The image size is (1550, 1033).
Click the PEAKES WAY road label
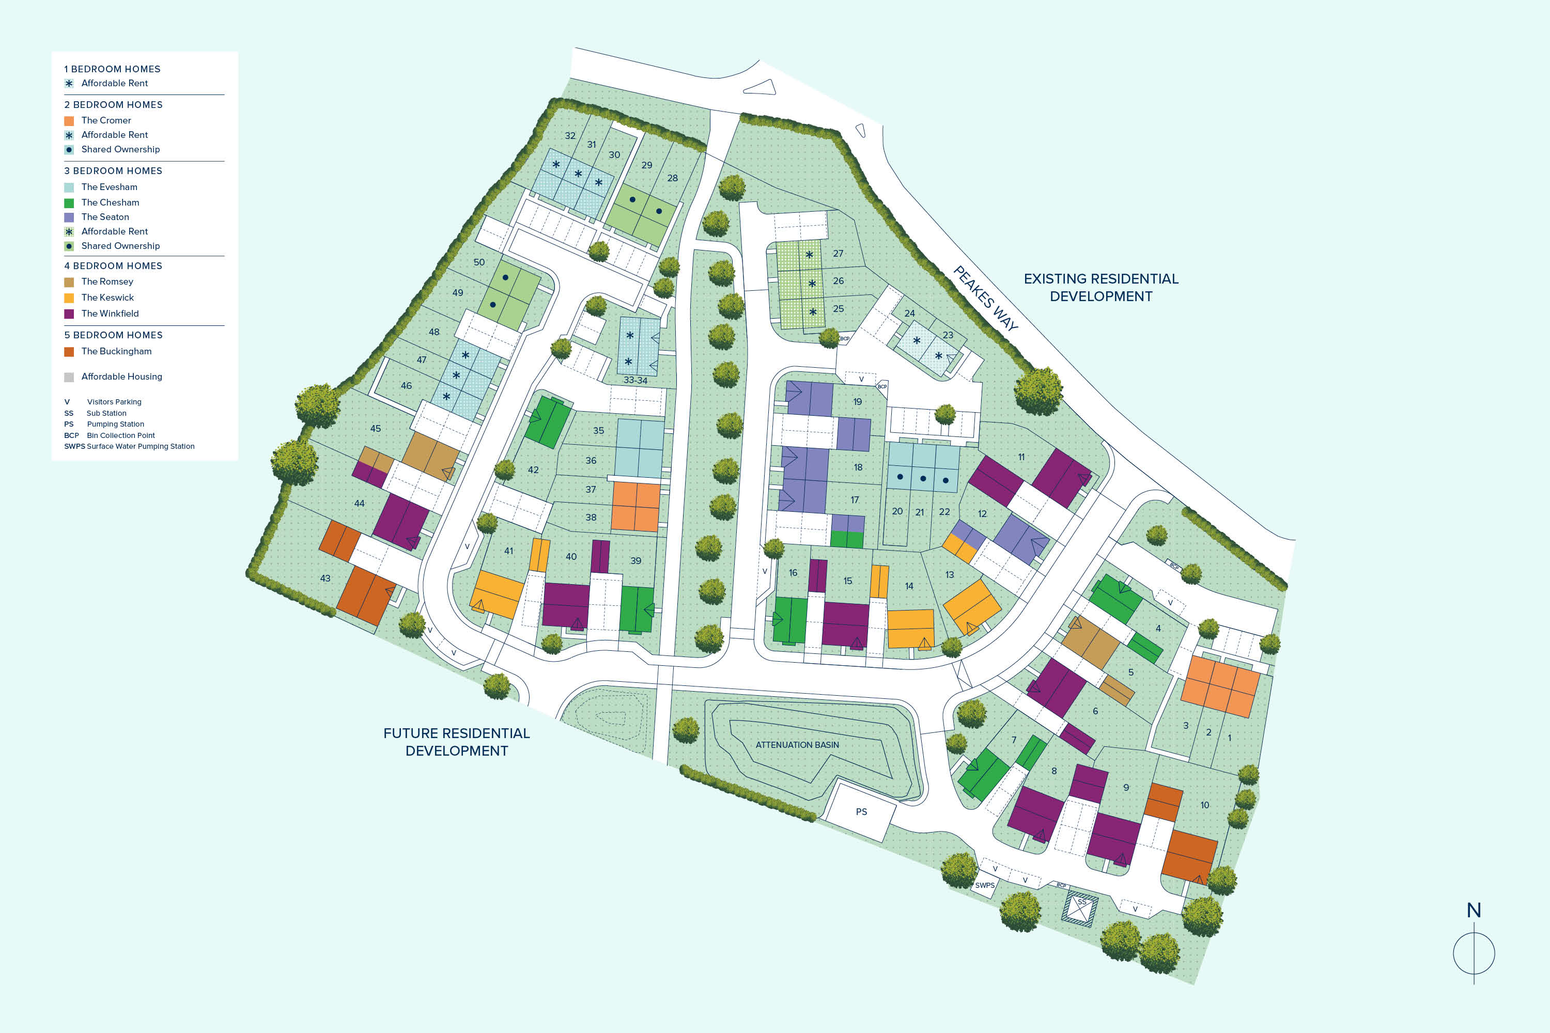tap(985, 298)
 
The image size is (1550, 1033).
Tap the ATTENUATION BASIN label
tap(797, 744)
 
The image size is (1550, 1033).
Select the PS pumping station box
tap(861, 811)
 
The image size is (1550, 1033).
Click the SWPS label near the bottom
tap(985, 885)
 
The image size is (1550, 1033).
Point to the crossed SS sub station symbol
tap(1079, 909)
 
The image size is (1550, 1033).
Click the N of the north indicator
tap(1474, 911)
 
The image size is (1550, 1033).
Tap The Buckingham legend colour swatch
tap(69, 352)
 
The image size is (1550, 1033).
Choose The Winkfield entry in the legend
tap(110, 314)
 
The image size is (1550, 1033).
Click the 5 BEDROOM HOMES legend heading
tap(113, 335)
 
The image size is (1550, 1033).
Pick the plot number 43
tap(325, 578)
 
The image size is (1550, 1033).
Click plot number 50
tap(479, 262)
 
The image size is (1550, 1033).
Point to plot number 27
tap(838, 254)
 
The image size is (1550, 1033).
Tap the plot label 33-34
tap(636, 380)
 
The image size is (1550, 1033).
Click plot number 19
tap(857, 402)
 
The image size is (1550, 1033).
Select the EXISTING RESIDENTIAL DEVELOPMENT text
tap(1100, 287)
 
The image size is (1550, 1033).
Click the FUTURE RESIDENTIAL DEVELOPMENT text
tap(456, 742)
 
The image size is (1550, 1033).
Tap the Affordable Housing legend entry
tap(121, 377)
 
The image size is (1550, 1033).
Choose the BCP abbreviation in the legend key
tap(71, 435)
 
